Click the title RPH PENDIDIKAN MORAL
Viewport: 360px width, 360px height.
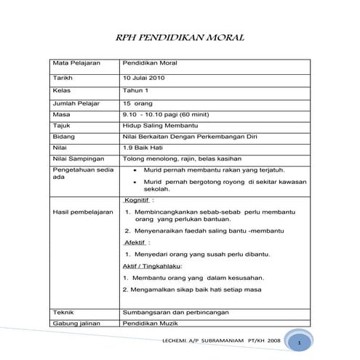point(180,38)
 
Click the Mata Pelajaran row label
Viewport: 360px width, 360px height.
point(75,63)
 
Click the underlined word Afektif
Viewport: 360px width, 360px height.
point(135,241)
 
